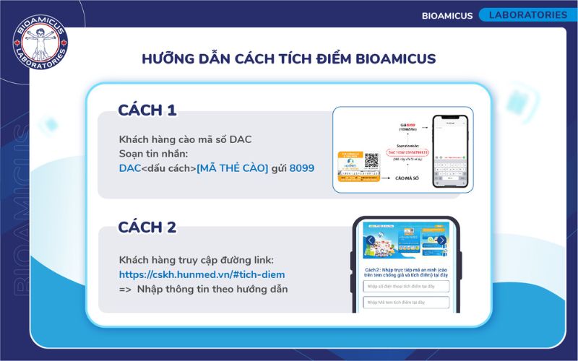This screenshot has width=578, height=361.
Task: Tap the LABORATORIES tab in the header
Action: (x=528, y=14)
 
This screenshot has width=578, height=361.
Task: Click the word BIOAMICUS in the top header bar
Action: (x=447, y=15)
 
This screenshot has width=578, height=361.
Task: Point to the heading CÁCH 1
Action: (x=147, y=110)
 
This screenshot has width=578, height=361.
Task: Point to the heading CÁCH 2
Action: (x=147, y=227)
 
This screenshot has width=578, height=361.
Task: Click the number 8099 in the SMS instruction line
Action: (x=301, y=168)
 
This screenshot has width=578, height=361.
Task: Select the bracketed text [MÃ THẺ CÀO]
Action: (x=233, y=168)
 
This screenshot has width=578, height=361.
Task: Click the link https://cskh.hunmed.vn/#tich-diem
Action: (x=202, y=274)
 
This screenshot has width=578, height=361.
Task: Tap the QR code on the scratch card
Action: (x=371, y=161)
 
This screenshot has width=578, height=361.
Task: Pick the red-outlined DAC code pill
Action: (x=407, y=153)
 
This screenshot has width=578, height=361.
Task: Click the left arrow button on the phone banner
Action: (x=371, y=240)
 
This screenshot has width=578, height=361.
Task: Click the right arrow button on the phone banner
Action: (x=441, y=240)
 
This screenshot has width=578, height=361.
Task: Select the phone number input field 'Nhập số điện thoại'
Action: (x=406, y=286)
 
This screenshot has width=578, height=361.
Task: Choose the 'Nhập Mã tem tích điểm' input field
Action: (x=406, y=303)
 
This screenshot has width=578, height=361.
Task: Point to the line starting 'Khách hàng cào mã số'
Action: (x=185, y=139)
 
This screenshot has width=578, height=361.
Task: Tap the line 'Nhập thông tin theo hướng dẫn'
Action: (x=212, y=290)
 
